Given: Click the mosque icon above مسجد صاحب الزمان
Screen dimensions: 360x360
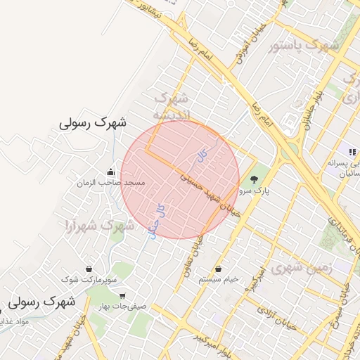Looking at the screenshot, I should [110, 172].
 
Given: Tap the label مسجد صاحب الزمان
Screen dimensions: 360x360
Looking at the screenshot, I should [111, 183].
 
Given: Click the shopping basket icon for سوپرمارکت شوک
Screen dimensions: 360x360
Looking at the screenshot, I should [89, 269].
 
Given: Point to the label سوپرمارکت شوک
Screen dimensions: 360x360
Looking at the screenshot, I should [90, 280].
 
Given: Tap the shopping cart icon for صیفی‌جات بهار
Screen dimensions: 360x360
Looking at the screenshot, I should [123, 296].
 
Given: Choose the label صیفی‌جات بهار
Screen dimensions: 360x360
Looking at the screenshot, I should [124, 307].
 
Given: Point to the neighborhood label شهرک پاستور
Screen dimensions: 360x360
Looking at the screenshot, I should [304, 46].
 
